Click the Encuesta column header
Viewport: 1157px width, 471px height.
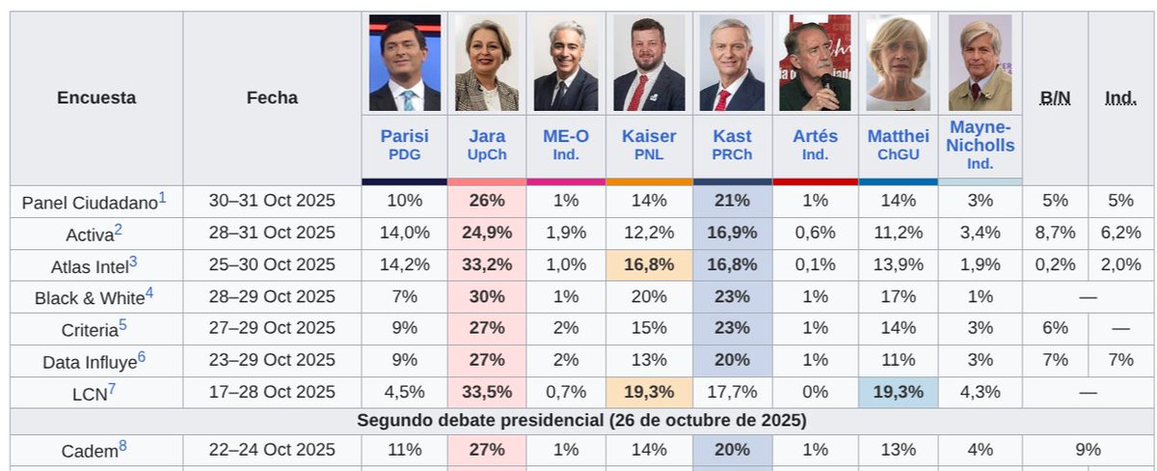coord(96,97)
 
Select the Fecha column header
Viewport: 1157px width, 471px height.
coord(272,97)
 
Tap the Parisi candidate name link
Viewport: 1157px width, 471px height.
coord(404,136)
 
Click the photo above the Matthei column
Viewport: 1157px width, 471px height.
coord(899,63)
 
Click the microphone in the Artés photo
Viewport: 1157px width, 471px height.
coord(826,83)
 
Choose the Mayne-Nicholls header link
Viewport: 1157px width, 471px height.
coord(980,136)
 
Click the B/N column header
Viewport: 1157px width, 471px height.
coord(1055,97)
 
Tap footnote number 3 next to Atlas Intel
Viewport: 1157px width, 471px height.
coord(133,262)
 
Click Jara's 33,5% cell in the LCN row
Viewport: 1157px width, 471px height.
coord(487,392)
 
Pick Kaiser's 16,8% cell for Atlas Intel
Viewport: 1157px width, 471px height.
coord(649,264)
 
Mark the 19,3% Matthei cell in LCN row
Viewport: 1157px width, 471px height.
coord(899,392)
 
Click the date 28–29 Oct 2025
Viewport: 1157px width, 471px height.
coord(272,296)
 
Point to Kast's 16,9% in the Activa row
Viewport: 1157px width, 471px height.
coord(732,233)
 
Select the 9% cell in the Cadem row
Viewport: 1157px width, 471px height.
coord(1088,450)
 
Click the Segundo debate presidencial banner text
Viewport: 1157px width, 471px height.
coord(581,421)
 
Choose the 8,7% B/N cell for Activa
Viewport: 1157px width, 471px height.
coord(1055,233)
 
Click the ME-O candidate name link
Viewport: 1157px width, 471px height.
coord(566,136)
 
